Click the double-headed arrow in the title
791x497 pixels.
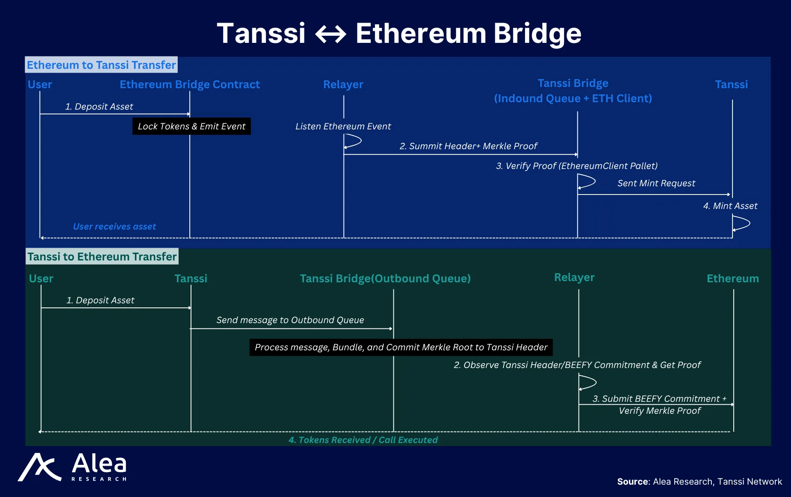click(331, 34)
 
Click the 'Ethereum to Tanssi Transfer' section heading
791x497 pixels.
click(101, 65)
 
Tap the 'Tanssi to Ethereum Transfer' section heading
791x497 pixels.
click(102, 256)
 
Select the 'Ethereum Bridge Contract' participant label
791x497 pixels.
click(190, 84)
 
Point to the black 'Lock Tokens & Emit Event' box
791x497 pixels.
click(191, 126)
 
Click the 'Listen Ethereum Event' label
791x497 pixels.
click(343, 126)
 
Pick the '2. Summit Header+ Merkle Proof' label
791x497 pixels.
click(468, 146)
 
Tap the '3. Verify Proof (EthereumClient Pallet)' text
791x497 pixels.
click(577, 166)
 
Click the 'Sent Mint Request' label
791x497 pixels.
click(656, 183)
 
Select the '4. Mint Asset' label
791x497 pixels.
click(730, 206)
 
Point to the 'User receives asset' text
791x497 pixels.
click(114, 226)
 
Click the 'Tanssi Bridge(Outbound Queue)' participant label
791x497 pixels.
click(385, 279)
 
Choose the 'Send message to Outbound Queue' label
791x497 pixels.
click(290, 320)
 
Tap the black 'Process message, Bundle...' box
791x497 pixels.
click(401, 347)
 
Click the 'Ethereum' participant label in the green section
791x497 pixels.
click(733, 279)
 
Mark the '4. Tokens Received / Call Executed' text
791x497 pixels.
click(363, 440)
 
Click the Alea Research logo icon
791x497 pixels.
click(39, 467)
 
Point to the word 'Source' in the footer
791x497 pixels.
click(633, 481)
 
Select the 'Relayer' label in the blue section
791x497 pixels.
click(343, 84)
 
